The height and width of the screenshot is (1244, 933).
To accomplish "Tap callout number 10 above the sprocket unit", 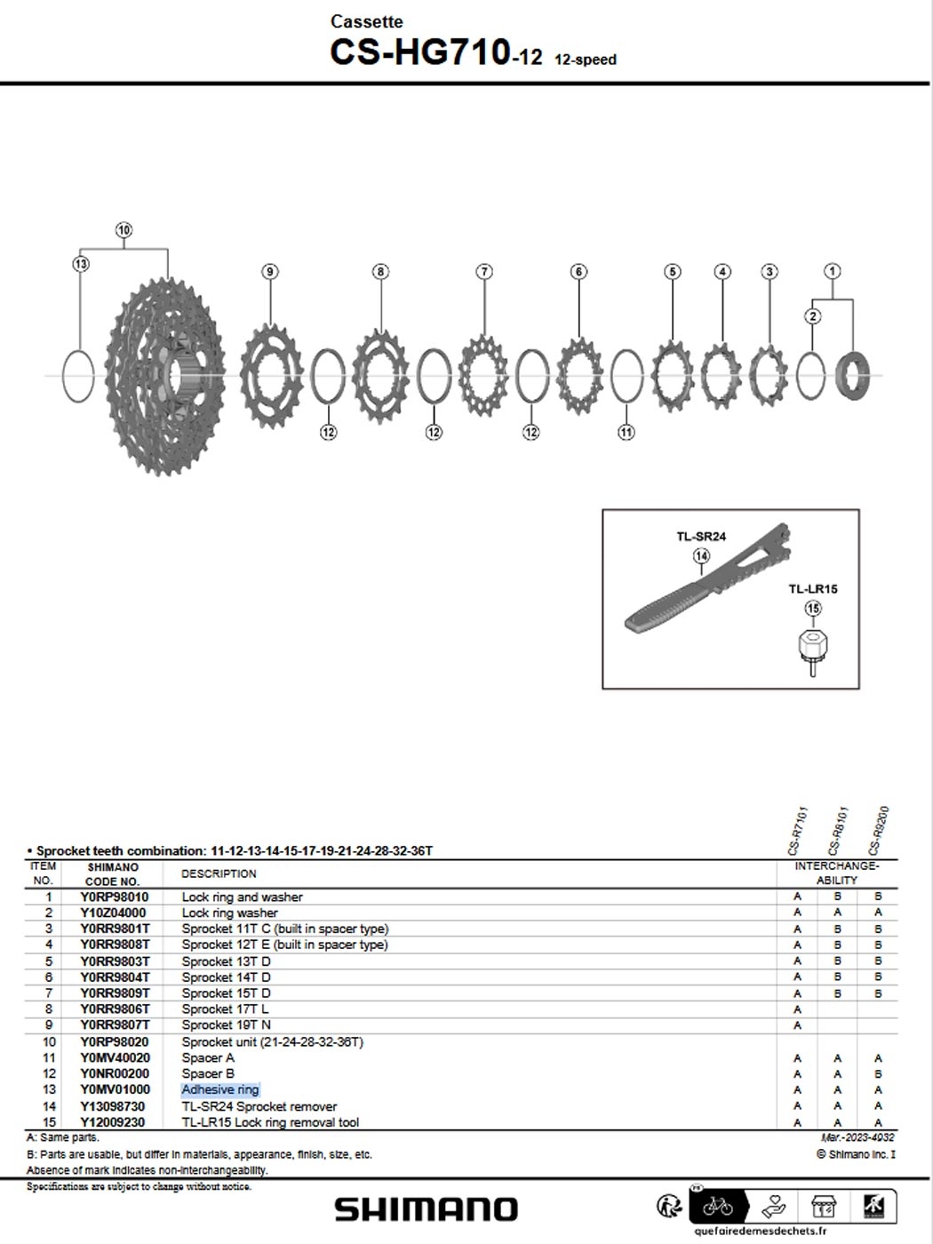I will (124, 230).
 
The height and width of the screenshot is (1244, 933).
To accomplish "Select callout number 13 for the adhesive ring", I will (81, 264).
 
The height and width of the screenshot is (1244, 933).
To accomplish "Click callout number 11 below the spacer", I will (626, 433).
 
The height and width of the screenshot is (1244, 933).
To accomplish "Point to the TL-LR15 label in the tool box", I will (812, 589).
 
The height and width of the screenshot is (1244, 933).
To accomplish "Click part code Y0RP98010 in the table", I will (114, 897).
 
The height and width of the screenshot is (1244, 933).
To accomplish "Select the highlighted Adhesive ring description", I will (220, 1089).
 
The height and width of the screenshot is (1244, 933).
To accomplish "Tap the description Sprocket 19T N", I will (226, 1025).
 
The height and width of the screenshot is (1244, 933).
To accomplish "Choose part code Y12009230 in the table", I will (114, 1122).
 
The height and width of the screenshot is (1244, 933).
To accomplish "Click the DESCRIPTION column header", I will (219, 873).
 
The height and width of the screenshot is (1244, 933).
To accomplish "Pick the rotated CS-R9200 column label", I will (878, 831).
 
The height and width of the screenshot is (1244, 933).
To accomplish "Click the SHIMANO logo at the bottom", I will (426, 1209).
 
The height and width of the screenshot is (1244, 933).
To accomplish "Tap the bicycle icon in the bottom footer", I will (717, 1206).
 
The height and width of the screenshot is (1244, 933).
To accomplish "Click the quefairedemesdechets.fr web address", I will (760, 1232).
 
